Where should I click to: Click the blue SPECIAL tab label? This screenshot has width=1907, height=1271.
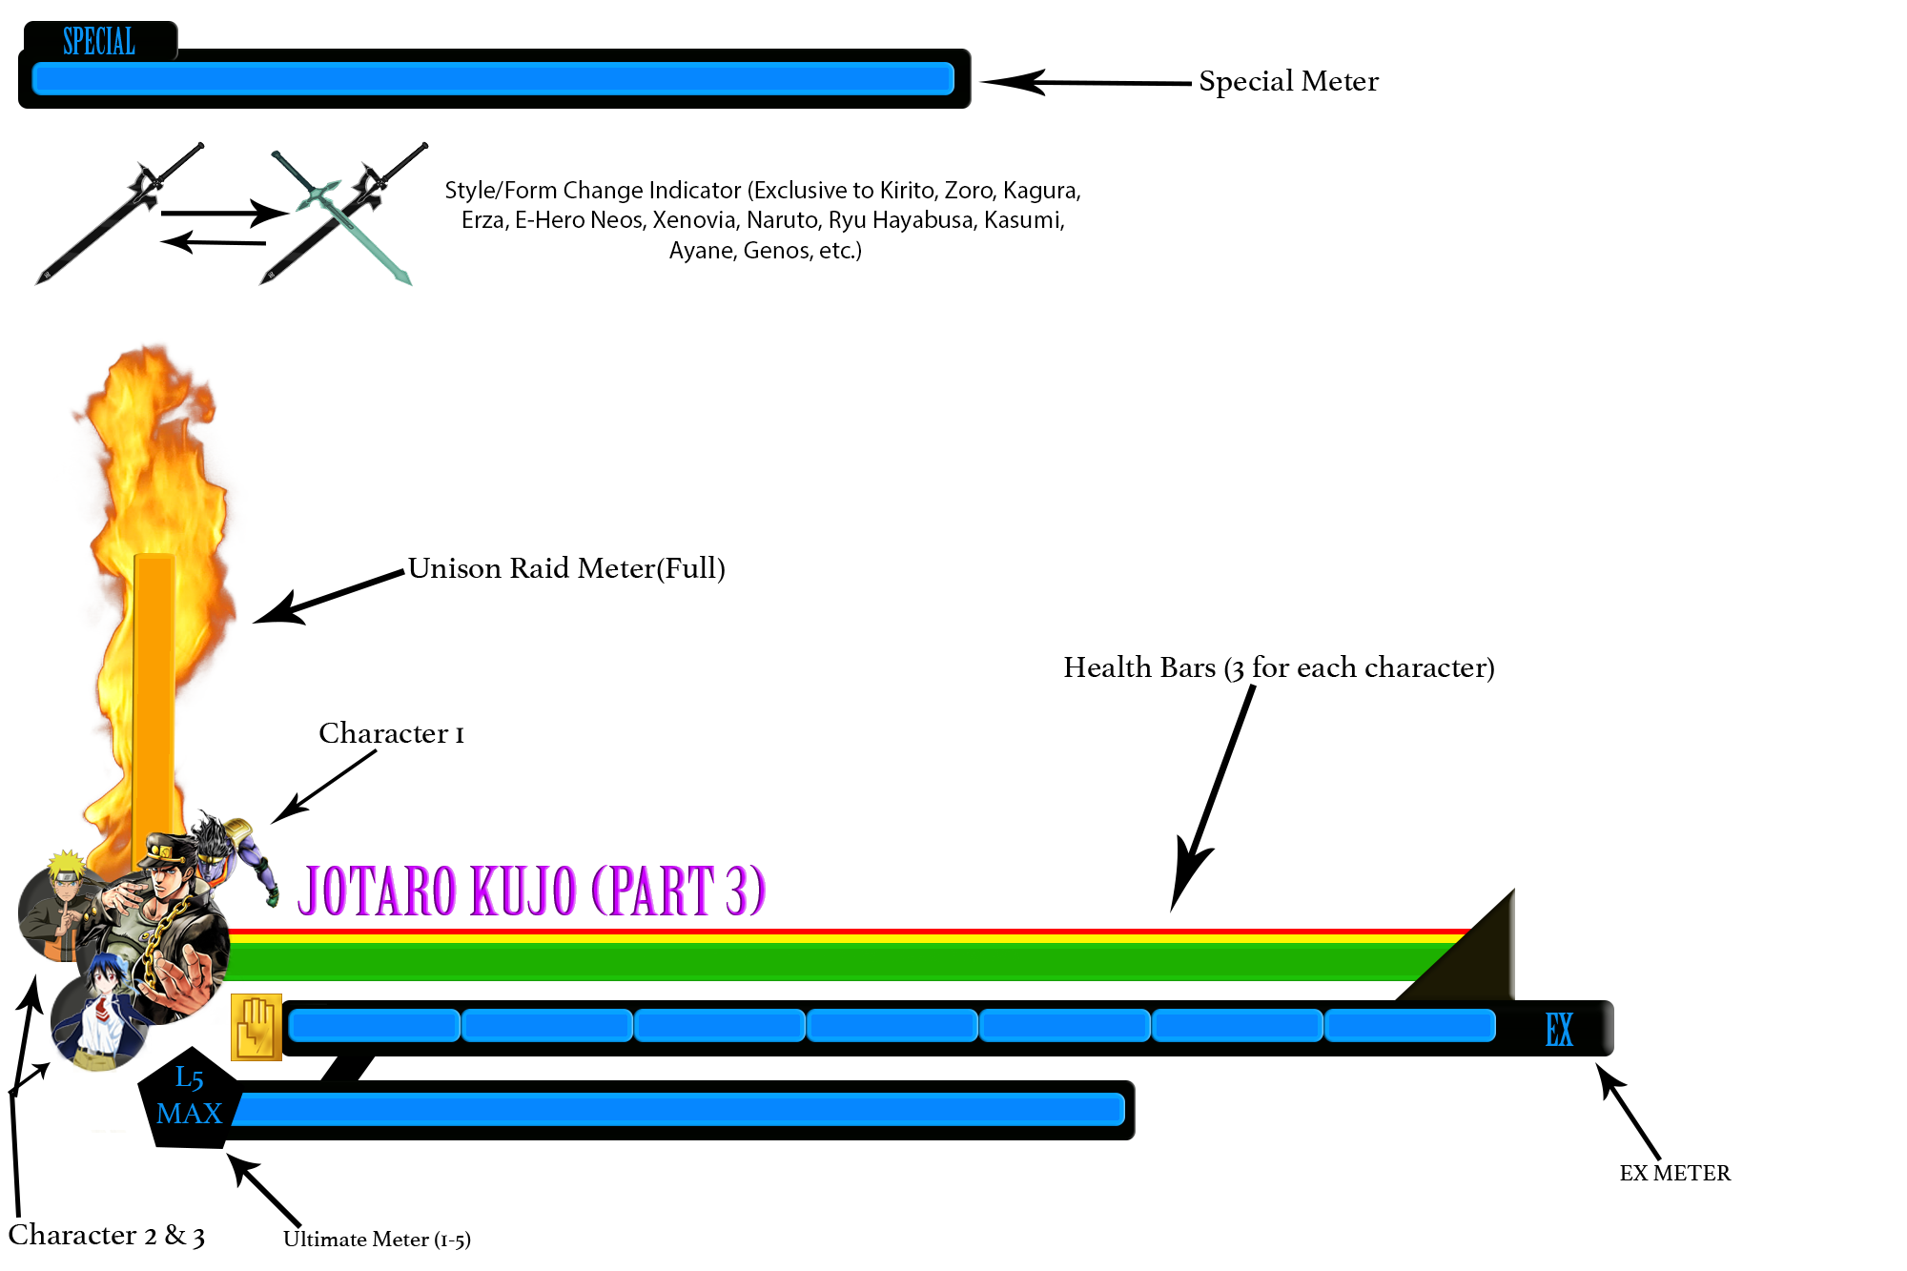99,41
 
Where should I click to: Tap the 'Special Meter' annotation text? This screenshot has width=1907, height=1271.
1288,82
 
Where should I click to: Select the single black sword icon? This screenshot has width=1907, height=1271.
119,214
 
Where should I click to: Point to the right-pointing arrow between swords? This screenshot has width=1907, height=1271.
223,213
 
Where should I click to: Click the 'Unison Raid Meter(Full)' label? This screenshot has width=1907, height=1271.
566,568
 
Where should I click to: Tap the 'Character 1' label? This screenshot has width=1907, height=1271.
391,733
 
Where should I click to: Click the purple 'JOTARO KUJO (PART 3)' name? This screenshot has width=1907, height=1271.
531,891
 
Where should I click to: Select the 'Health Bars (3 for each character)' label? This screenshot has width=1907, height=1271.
1279,667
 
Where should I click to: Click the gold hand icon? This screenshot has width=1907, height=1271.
256,1027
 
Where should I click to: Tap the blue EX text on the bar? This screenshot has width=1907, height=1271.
1559,1030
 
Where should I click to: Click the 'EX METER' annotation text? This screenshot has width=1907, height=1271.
1674,1173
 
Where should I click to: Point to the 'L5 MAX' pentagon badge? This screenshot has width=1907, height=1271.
189,1097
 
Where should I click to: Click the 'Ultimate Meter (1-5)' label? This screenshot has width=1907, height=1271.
377,1240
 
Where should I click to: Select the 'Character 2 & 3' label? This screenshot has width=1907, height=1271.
106,1236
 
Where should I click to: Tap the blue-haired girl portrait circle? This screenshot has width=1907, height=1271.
95,1020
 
